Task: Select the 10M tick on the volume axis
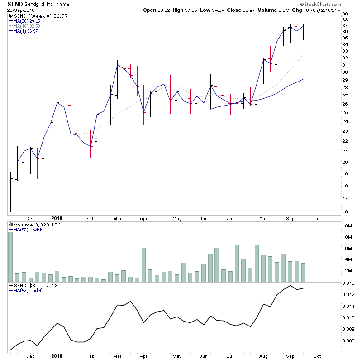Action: tap(347, 226)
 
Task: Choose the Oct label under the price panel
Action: tap(317, 218)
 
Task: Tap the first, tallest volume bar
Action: tap(10, 258)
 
